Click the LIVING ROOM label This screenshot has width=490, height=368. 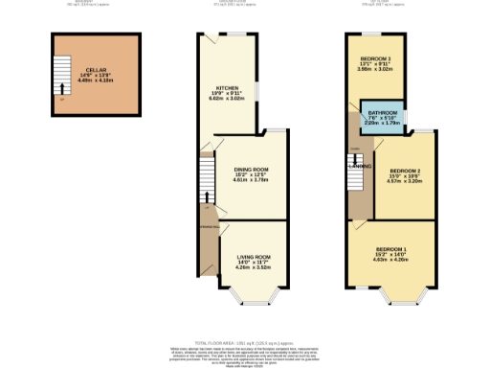tap(255, 257)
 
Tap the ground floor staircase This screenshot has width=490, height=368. tap(207, 182)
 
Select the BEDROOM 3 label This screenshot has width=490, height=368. tap(375, 59)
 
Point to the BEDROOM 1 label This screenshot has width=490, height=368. tap(391, 249)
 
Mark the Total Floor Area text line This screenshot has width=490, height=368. tap(245, 341)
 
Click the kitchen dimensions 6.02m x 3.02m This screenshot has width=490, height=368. tap(226, 100)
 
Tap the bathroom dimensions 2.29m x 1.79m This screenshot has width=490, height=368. tap(383, 124)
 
